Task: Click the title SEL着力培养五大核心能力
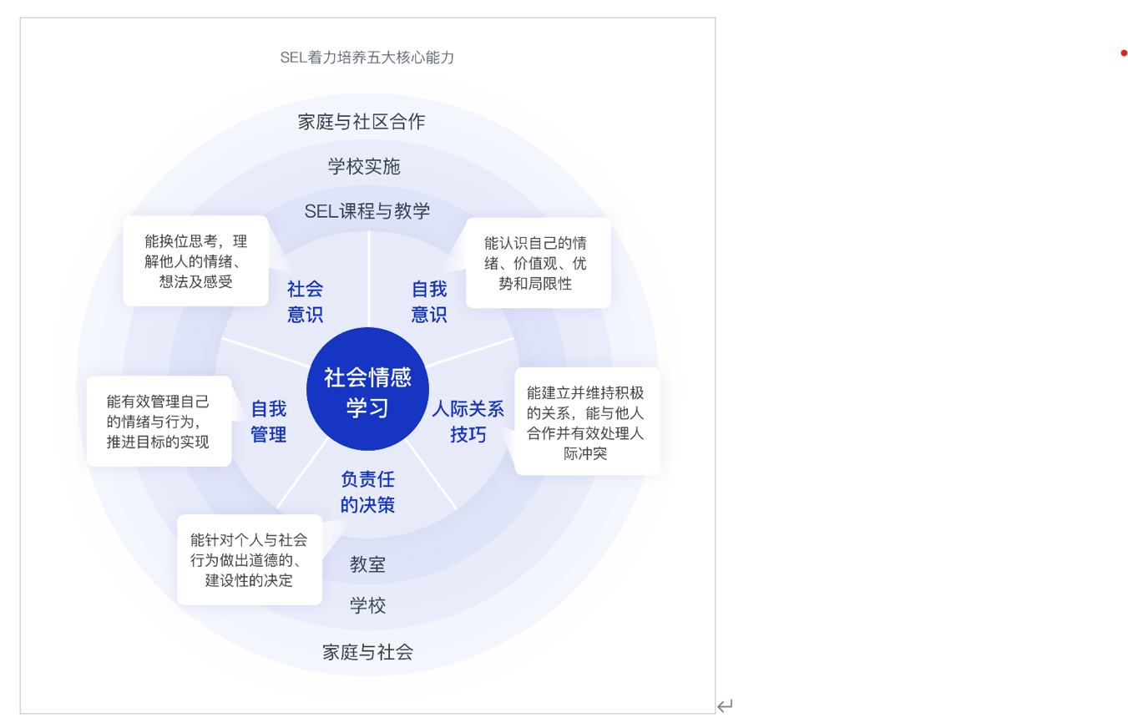367,58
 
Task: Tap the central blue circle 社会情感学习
367,389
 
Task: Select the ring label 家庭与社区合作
362,122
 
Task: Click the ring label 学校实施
364,167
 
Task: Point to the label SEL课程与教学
367,211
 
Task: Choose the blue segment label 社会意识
305,301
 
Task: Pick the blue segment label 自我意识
429,301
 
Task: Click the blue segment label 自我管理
269,422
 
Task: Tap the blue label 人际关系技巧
468,422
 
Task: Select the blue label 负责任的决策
367,492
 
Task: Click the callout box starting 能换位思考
196,260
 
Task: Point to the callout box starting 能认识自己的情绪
539,263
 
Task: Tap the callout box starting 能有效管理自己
159,422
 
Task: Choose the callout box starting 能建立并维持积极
587,422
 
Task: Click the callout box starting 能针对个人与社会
250,560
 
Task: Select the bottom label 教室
367,565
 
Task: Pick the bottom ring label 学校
367,605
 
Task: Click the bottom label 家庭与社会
367,653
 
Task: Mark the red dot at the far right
1124,53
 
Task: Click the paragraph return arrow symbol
725,705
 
